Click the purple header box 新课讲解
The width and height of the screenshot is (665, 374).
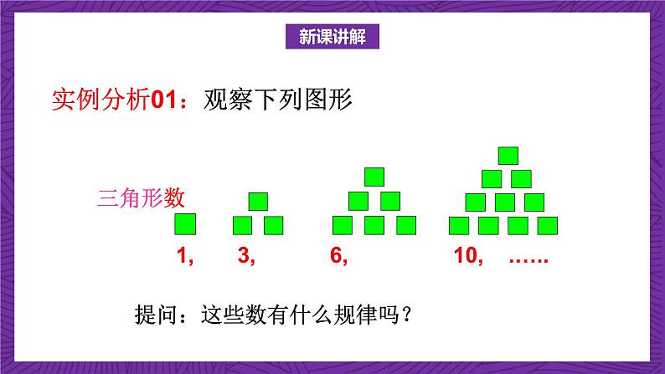pos(332,37)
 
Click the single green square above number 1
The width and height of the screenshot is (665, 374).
pos(186,224)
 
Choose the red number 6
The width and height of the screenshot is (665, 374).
pos(339,258)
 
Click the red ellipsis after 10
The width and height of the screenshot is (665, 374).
pos(528,258)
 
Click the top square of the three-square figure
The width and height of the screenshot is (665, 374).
pos(258,201)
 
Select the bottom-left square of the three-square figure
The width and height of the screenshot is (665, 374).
pos(242,224)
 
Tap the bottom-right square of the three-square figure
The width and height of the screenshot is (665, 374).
pos(274,224)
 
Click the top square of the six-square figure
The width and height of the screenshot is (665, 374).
pos(374,177)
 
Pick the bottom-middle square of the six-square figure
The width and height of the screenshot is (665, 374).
pos(374,224)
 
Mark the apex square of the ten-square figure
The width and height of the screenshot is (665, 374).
pos(508,155)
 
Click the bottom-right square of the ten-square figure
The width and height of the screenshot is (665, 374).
pos(549,224)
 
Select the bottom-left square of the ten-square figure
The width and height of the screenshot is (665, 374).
pos(459,224)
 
